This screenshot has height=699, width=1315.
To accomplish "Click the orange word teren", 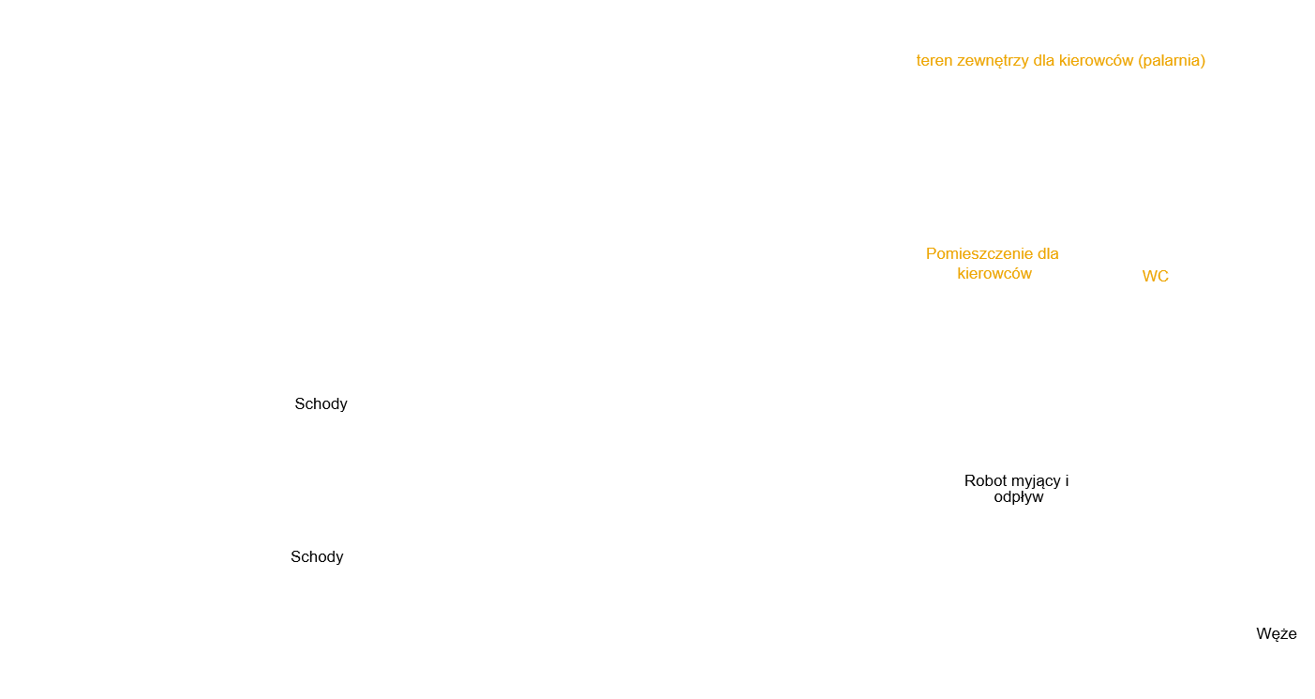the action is coord(934,61).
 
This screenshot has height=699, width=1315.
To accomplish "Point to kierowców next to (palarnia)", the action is coord(1096,61).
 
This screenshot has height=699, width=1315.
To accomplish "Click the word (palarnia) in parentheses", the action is coord(1172,61).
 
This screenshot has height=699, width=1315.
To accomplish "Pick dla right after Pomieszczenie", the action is coord(1048,254).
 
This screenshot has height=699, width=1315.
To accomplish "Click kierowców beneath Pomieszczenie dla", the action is coord(994,274).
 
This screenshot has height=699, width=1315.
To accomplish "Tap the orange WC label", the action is coord(1156,276).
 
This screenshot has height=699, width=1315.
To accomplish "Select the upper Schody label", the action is coord(321,404).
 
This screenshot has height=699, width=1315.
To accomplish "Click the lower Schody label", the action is coord(317,557).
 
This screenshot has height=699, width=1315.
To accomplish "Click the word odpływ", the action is coord(1019,498).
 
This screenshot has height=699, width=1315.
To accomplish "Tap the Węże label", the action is coord(1277,634).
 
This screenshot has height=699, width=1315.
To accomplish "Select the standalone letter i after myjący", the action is coord(1067,481).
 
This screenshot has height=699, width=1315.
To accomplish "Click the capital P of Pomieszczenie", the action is coord(931,254).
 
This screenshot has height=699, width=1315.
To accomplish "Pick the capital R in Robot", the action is coord(970,481).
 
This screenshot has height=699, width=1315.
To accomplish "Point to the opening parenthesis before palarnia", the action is coord(1140,61).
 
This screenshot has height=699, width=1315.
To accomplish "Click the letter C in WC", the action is coord(1163,276).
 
